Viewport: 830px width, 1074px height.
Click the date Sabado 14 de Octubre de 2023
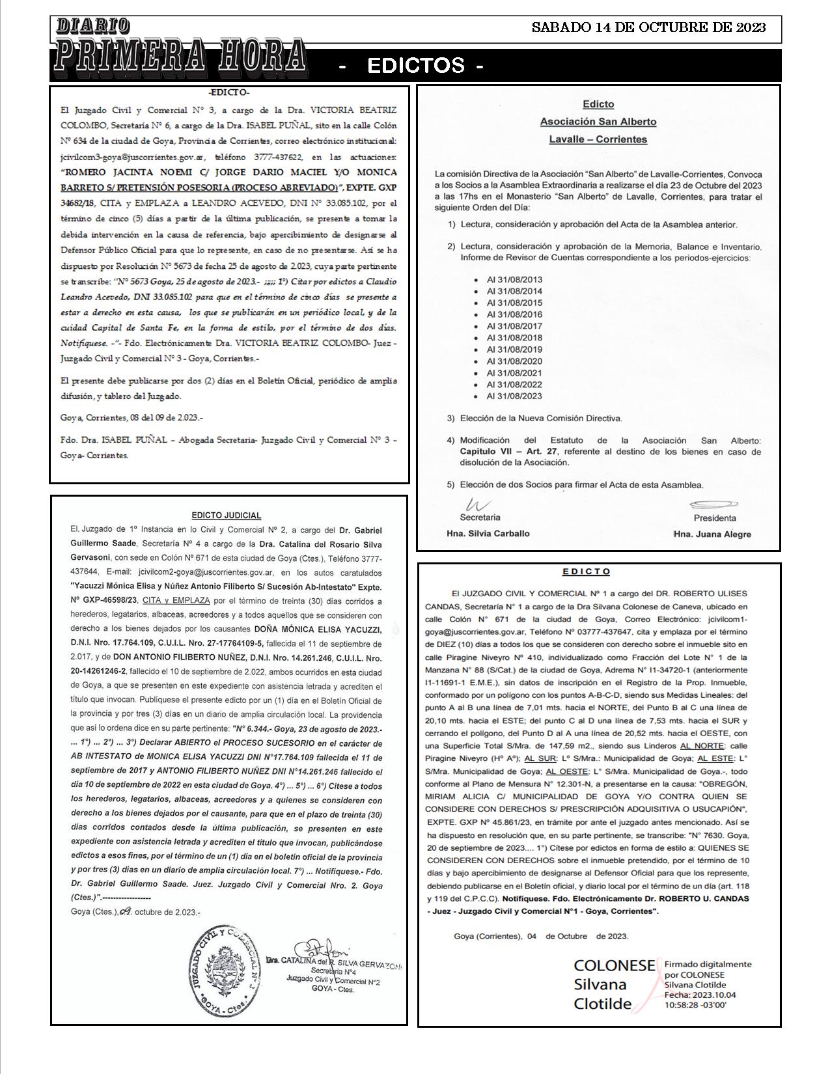tap(648, 27)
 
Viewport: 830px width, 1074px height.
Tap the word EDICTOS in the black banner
tap(416, 65)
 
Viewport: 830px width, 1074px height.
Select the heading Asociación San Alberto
tap(598, 122)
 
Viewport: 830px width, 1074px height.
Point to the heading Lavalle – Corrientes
tap(598, 139)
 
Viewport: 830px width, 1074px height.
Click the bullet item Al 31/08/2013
tap(514, 280)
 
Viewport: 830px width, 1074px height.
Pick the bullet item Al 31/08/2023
tap(514, 396)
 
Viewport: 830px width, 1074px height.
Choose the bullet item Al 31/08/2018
tap(514, 338)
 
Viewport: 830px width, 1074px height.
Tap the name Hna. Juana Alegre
tap(712, 534)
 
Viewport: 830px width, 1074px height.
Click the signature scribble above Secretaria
tap(477, 505)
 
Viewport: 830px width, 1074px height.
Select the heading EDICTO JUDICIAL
tap(227, 516)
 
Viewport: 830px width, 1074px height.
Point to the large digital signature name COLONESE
tap(614, 966)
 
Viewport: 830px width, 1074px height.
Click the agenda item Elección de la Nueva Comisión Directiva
tap(541, 418)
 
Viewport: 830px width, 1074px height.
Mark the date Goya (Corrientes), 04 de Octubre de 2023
tap(541, 936)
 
